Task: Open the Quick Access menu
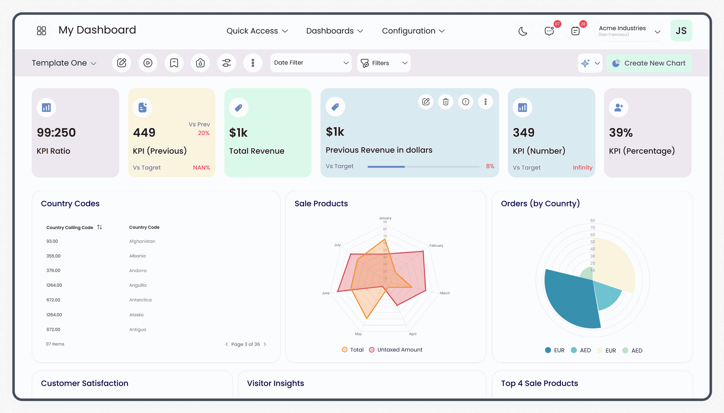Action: pos(257,31)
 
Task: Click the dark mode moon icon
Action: pos(523,31)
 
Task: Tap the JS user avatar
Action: pos(681,31)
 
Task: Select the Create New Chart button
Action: pos(649,63)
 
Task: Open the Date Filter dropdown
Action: pos(311,63)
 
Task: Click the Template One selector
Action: pos(64,63)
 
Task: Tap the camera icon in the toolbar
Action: pos(200,63)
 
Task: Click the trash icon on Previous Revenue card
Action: pos(446,102)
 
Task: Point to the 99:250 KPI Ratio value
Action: pos(56,133)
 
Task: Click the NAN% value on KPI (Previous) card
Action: pos(201,168)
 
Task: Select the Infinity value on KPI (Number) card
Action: pos(582,168)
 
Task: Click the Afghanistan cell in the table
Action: pos(142,242)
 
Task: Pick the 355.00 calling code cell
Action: pos(54,256)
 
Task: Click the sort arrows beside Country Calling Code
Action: pos(100,227)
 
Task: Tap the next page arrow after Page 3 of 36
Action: pos(265,344)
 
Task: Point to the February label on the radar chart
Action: pos(436,246)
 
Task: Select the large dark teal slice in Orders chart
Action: pos(569,301)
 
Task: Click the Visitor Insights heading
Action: pos(275,384)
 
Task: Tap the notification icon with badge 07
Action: pos(549,31)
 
